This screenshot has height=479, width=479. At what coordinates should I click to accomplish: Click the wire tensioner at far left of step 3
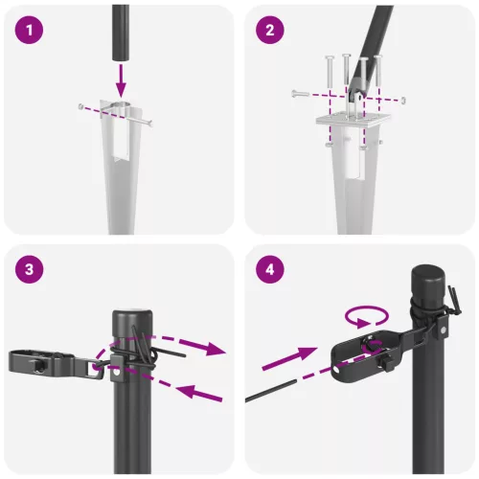pos(38,362)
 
